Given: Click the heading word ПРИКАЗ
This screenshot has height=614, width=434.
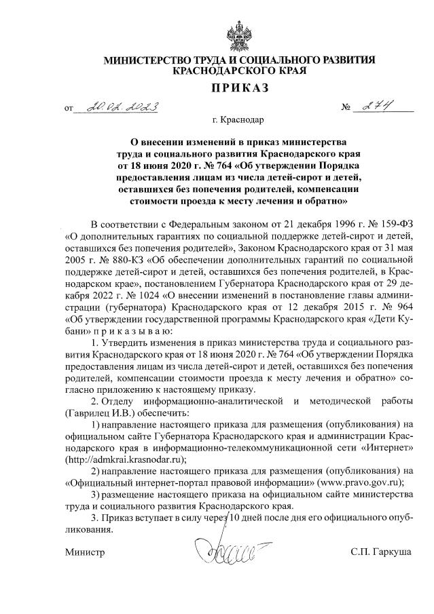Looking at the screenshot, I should [x=240, y=87].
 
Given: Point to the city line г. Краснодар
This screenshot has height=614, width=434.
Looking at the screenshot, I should [x=239, y=120].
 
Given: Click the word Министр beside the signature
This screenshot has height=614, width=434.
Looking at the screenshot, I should [x=85, y=554].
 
